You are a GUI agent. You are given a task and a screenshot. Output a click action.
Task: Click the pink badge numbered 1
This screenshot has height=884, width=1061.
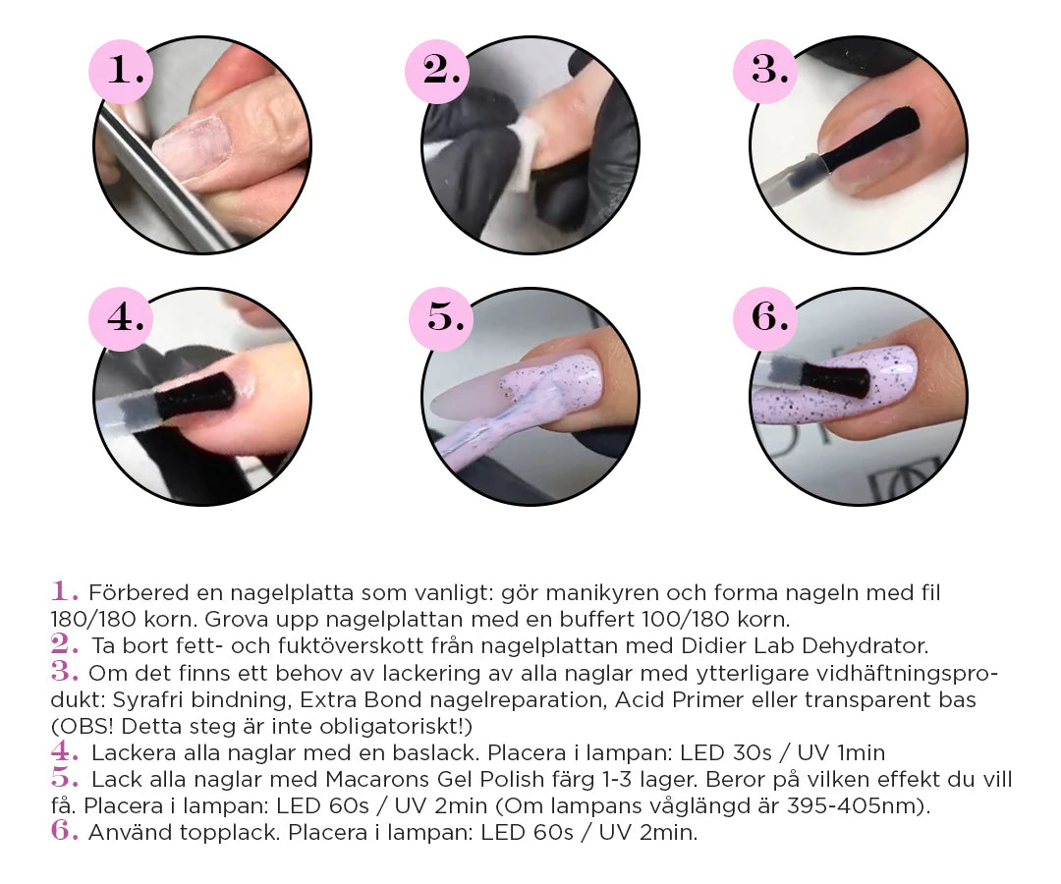tap(121, 71)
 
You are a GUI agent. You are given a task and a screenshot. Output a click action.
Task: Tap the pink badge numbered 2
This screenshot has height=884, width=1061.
tap(437, 71)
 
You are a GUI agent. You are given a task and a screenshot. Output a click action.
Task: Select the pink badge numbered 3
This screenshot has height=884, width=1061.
tap(765, 71)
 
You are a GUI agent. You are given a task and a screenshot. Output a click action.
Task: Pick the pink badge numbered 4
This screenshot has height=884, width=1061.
tap(121, 318)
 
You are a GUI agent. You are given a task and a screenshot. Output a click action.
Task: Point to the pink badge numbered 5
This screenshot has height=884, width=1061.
tap(441, 318)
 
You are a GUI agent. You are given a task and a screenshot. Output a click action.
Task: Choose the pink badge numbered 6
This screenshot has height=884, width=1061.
tap(765, 318)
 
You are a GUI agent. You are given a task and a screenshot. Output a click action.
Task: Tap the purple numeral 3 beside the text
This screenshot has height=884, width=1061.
tap(64, 672)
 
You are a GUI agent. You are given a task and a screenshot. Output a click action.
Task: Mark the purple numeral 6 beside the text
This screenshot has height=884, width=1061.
tap(64, 831)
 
